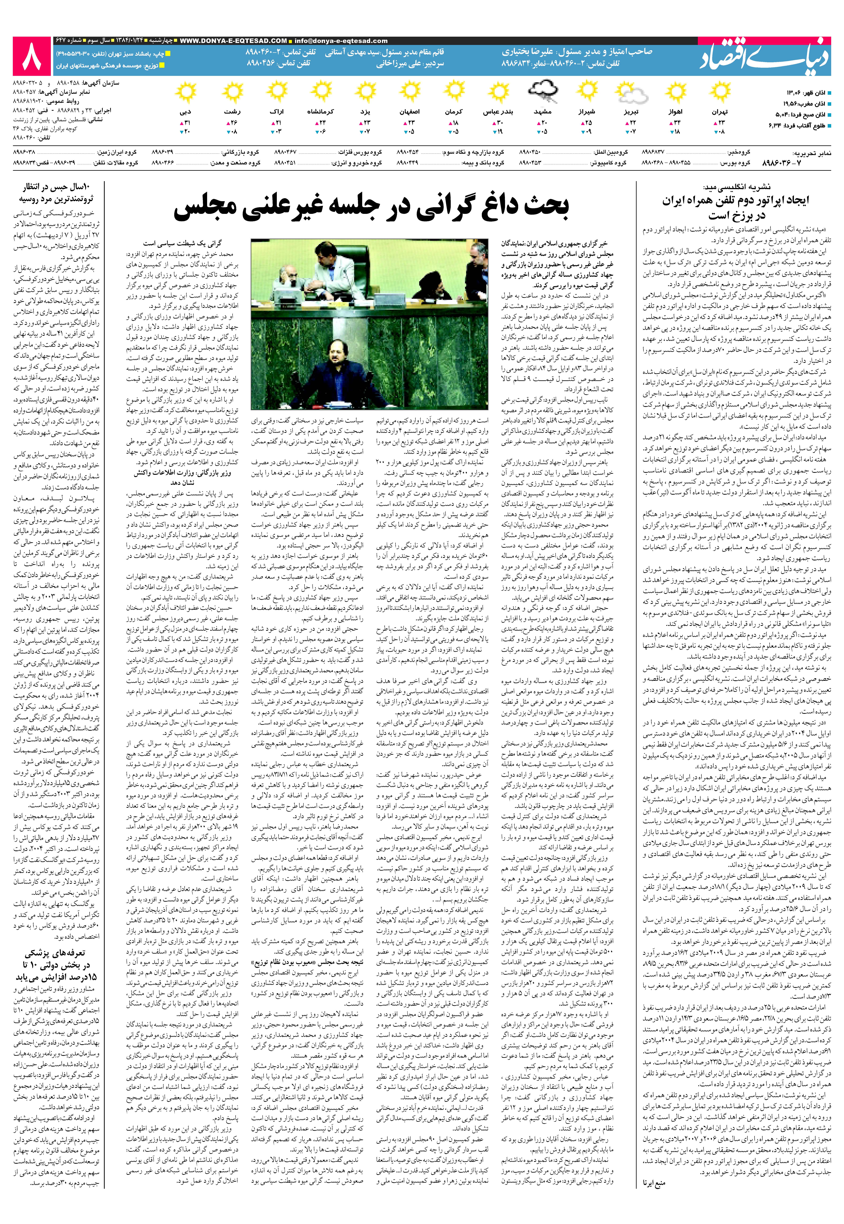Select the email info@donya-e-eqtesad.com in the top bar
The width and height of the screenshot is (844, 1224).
341,41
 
